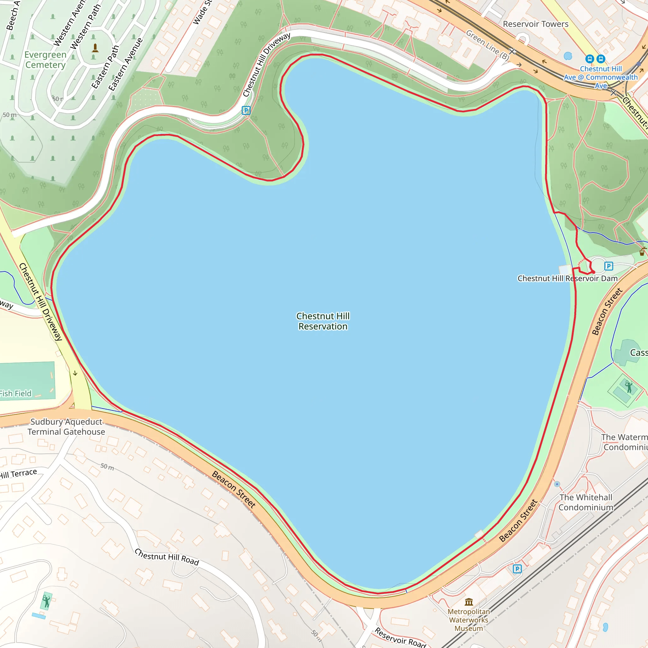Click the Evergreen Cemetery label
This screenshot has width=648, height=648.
(45, 60)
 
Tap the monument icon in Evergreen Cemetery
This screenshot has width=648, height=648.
(95, 48)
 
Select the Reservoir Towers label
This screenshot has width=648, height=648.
(536, 24)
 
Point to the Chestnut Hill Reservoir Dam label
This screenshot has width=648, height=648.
(568, 278)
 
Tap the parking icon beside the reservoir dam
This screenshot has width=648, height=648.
(609, 266)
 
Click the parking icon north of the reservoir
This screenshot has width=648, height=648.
(246, 110)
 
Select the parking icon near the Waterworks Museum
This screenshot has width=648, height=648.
(517, 569)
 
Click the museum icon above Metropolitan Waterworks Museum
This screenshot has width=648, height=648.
(469, 602)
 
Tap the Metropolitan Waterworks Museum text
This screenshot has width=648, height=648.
(469, 620)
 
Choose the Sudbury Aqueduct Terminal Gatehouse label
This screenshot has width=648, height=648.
(66, 427)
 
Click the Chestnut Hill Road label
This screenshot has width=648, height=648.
(167, 557)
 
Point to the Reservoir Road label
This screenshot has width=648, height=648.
(400, 638)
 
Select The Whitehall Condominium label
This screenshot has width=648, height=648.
(586, 502)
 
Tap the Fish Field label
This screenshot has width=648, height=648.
(16, 393)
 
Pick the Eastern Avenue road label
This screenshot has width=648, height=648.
(125, 65)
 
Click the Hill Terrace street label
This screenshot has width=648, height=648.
(18, 474)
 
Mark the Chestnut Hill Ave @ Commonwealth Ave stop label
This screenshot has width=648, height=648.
(601, 77)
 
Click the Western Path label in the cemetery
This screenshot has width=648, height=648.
(85, 27)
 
